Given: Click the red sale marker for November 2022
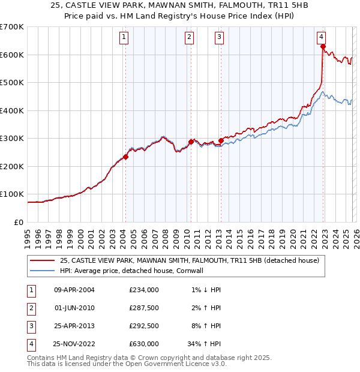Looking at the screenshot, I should pos(323,46).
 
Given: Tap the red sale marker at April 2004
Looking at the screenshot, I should pos(125,157).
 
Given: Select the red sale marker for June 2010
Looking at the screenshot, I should pos(191,142).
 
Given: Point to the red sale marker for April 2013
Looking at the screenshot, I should pos(221,141).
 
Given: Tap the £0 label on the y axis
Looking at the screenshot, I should pos(19,222).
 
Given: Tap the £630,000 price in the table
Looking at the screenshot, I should pos(144,344).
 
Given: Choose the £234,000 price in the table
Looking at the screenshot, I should pos(144,290).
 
